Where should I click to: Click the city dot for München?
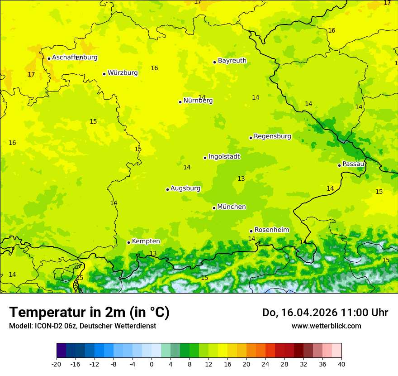pyautogui.click(x=214, y=208)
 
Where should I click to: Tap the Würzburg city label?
pyautogui.click(x=123, y=73)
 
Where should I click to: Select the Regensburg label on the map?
pyautogui.click(x=272, y=136)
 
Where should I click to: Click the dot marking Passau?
pyautogui.click(x=339, y=165)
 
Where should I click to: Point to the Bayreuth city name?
pyautogui.click(x=232, y=61)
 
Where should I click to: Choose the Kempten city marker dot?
pyautogui.click(x=128, y=242)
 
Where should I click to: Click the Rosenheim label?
pyautogui.click(x=271, y=230)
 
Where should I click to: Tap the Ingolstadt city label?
pyautogui.click(x=224, y=157)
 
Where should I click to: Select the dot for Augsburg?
pyautogui.click(x=167, y=189)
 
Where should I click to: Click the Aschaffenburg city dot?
pyautogui.click(x=49, y=58)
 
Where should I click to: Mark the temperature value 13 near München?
pyautogui.click(x=241, y=179)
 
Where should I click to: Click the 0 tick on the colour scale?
pyautogui.click(x=152, y=364)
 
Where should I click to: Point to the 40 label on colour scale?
pyautogui.click(x=341, y=364)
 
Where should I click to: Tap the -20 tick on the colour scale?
pyautogui.click(x=57, y=364)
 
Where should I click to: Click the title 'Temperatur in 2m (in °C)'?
pyautogui.click(x=89, y=313)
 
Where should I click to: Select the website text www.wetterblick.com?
pyautogui.click(x=326, y=326)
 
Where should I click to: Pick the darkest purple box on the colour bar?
pyautogui.click(x=61, y=351)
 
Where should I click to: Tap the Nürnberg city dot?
pyautogui.click(x=180, y=102)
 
